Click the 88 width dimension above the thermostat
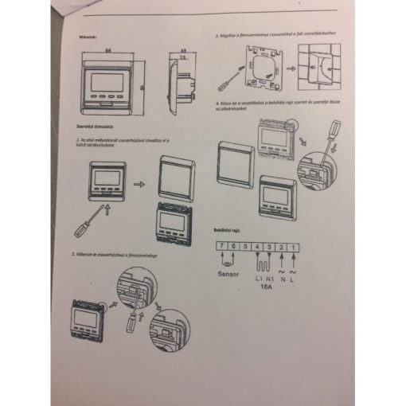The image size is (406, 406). [107, 50]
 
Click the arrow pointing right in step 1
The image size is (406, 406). [138, 183]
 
